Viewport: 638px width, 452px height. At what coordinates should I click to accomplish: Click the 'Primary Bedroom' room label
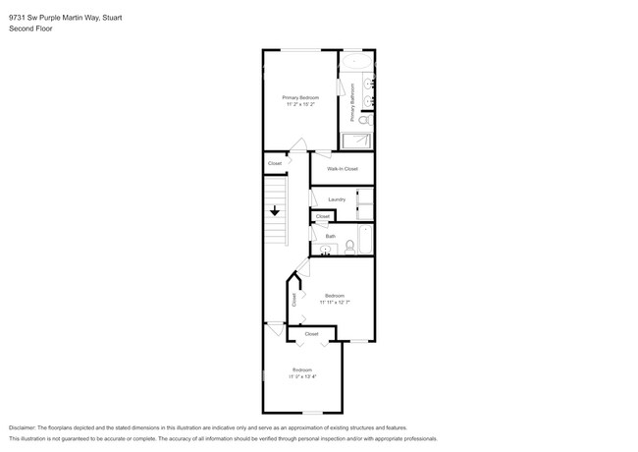pyautogui.click(x=300, y=97)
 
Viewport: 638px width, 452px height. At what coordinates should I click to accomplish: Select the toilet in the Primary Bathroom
pyautogui.click(x=364, y=120)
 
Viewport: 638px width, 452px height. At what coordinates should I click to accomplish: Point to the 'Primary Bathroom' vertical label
pyautogui.click(x=351, y=102)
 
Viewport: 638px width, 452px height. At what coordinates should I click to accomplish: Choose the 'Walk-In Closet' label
pyautogui.click(x=343, y=169)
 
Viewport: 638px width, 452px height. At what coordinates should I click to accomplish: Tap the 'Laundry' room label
pyautogui.click(x=337, y=199)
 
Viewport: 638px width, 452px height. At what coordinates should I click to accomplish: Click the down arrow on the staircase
pyautogui.click(x=276, y=209)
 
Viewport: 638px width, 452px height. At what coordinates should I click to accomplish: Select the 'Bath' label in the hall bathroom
pyautogui.click(x=331, y=236)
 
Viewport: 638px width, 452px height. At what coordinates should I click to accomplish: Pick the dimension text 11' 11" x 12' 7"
pyautogui.click(x=334, y=302)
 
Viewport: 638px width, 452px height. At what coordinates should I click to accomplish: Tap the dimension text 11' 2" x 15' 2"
pyautogui.click(x=300, y=104)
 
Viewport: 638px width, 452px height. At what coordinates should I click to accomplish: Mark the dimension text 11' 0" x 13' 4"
pyautogui.click(x=301, y=375)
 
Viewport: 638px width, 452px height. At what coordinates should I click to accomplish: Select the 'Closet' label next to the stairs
pyautogui.click(x=275, y=163)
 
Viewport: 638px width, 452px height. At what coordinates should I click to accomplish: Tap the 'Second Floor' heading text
pyautogui.click(x=29, y=29)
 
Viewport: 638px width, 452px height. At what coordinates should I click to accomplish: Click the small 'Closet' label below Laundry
pyautogui.click(x=323, y=216)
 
